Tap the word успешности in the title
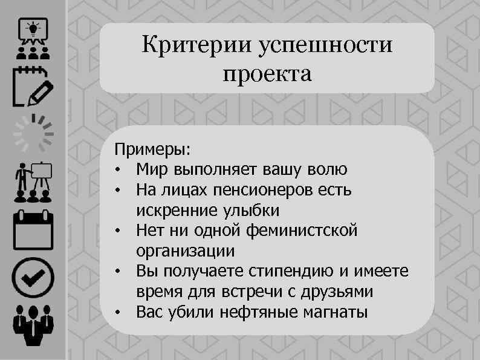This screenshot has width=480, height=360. click(325, 46)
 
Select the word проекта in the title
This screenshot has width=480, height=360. click(267, 75)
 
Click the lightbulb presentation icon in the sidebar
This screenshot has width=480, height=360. click(33, 37)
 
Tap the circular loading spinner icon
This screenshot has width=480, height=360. click(34, 134)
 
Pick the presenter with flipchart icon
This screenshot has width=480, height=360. click(33, 182)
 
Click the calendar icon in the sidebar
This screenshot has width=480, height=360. click(33, 230)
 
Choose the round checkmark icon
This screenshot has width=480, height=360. click(33, 278)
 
